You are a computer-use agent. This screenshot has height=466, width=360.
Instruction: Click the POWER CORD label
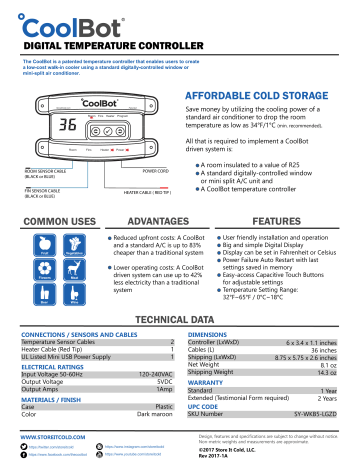point(155,171)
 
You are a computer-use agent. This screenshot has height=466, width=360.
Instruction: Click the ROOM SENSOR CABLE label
point(45,171)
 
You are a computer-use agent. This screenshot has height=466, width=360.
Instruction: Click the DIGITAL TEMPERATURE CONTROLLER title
point(115,45)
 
